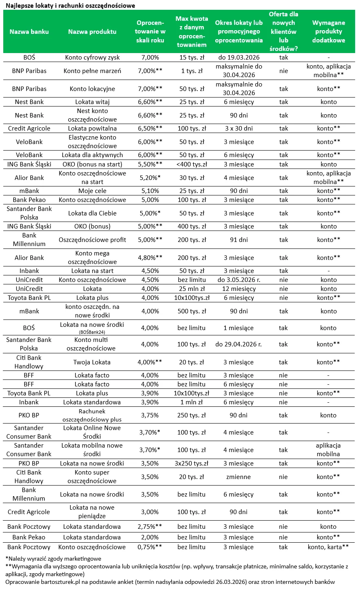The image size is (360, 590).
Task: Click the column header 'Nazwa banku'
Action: tap(29, 32)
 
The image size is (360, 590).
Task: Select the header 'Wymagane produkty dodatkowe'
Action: tap(328, 32)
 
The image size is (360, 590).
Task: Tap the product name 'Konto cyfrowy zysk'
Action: tap(92, 58)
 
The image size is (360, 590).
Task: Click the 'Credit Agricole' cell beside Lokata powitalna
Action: tap(29, 129)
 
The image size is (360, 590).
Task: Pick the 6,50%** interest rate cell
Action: tap(150, 129)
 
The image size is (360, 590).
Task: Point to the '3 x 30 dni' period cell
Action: tap(239, 129)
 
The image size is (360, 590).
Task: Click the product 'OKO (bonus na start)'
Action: tap(92, 164)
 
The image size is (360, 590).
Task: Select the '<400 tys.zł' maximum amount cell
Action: tap(192, 164)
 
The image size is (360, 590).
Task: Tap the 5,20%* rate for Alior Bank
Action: tap(150, 178)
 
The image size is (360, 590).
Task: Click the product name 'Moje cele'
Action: tap(92, 191)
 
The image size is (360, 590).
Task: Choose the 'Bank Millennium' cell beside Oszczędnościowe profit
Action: tap(29, 240)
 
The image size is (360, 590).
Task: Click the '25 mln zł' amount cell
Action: tap(192, 289)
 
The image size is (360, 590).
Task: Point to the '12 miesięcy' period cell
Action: tap(239, 289)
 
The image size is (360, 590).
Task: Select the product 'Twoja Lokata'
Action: tap(92, 362)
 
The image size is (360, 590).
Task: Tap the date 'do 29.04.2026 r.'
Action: tap(239, 344)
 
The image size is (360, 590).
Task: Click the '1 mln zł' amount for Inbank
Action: tap(192, 402)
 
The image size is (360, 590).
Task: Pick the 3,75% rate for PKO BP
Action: tap(150, 415)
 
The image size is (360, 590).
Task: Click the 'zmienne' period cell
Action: tap(239, 477)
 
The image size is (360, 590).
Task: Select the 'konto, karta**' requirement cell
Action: tap(328, 547)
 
